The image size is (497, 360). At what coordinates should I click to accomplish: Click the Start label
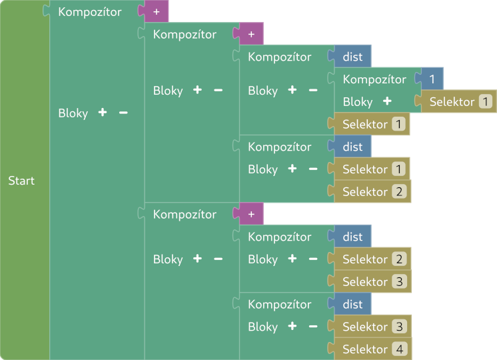(x=21, y=181)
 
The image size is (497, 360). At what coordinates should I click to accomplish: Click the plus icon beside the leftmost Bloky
(x=102, y=113)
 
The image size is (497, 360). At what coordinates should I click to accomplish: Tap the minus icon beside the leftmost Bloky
(x=123, y=113)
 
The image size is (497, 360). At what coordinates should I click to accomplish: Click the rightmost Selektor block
(x=460, y=102)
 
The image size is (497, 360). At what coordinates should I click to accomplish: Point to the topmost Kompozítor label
(x=90, y=12)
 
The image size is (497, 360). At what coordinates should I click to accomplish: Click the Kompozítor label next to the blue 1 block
(x=374, y=79)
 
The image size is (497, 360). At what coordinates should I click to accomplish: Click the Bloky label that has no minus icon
(x=358, y=102)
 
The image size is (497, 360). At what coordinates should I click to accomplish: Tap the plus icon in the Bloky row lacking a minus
(x=386, y=102)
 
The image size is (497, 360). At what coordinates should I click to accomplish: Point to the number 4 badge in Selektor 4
(x=398, y=349)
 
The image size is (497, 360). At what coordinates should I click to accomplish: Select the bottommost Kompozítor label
(x=280, y=304)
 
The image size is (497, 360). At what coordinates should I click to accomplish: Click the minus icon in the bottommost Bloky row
(x=313, y=327)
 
